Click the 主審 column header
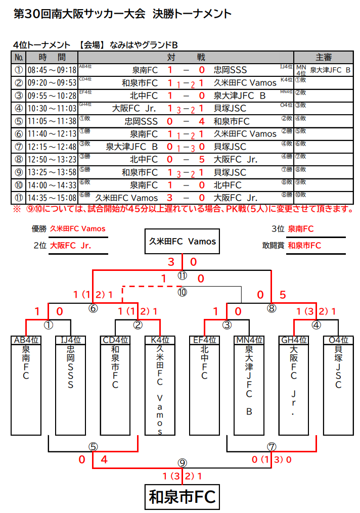click(x=324, y=57)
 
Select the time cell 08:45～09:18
click(x=52, y=70)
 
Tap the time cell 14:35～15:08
click(x=52, y=198)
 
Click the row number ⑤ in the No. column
click(x=19, y=121)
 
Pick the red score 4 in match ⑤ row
click(x=202, y=121)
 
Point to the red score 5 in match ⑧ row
click(x=202, y=160)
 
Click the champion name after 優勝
click(x=78, y=228)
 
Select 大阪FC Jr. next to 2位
click(x=70, y=246)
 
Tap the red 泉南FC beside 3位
click(x=301, y=228)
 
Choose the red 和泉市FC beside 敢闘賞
click(x=304, y=246)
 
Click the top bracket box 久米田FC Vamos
click(x=182, y=242)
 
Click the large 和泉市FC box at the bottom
click(x=182, y=497)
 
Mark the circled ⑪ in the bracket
click(x=182, y=275)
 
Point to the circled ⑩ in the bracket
click(x=182, y=292)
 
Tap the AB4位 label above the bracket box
click(x=26, y=340)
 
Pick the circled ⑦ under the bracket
click(x=272, y=446)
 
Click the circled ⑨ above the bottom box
click(x=182, y=462)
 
